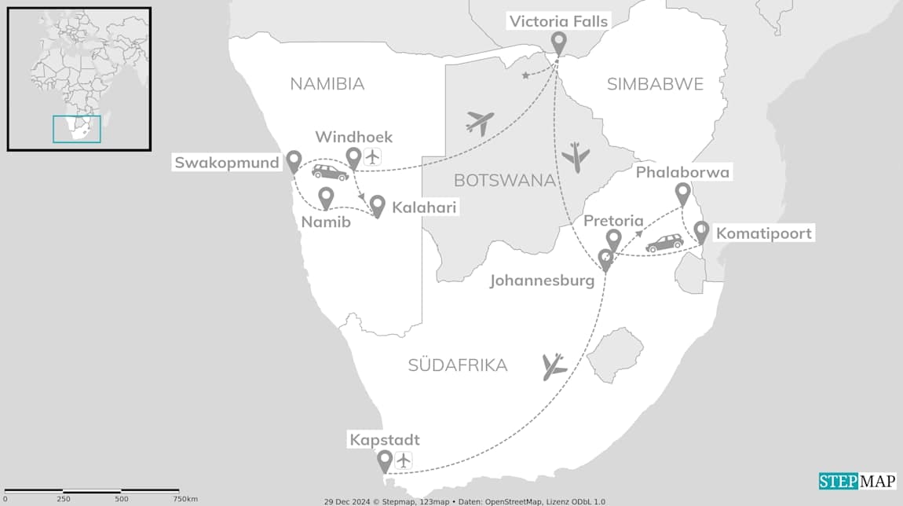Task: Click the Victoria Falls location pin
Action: pyautogui.click(x=558, y=42)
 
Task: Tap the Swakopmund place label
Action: pyautogui.click(x=227, y=163)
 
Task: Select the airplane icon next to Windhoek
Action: pyautogui.click(x=372, y=157)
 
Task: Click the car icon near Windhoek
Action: pyautogui.click(x=330, y=173)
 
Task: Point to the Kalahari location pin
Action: pyautogui.click(x=377, y=205)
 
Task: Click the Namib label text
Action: pyautogui.click(x=325, y=222)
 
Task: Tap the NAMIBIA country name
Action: pyautogui.click(x=327, y=84)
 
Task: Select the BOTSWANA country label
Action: pyautogui.click(x=504, y=180)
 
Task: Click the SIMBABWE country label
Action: pyautogui.click(x=656, y=84)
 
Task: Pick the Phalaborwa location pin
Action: pyautogui.click(x=683, y=193)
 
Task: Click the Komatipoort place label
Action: pyautogui.click(x=763, y=233)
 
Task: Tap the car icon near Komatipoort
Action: pyautogui.click(x=664, y=244)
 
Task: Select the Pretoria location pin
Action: pyautogui.click(x=614, y=239)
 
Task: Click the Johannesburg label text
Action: pyautogui.click(x=542, y=280)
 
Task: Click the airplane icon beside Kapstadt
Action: pyautogui.click(x=404, y=460)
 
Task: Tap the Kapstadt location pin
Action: pyautogui.click(x=385, y=460)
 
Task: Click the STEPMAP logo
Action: pyautogui.click(x=857, y=481)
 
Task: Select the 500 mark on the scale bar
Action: pyautogui.click(x=122, y=499)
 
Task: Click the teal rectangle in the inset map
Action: pyautogui.click(x=77, y=129)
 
